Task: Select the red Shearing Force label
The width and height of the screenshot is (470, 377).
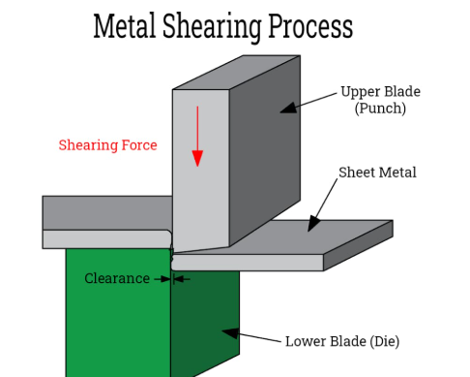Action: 107,145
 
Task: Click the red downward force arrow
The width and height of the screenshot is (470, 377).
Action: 197,136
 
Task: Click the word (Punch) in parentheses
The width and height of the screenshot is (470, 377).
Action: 379,109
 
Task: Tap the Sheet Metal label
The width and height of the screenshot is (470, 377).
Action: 377,173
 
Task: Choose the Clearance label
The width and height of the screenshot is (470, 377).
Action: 117,279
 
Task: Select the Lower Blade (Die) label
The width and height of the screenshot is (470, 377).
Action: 341,341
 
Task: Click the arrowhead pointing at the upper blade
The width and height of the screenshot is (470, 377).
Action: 287,109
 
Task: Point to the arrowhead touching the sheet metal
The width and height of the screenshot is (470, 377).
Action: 312,225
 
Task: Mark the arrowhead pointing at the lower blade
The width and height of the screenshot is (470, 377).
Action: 229,332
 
